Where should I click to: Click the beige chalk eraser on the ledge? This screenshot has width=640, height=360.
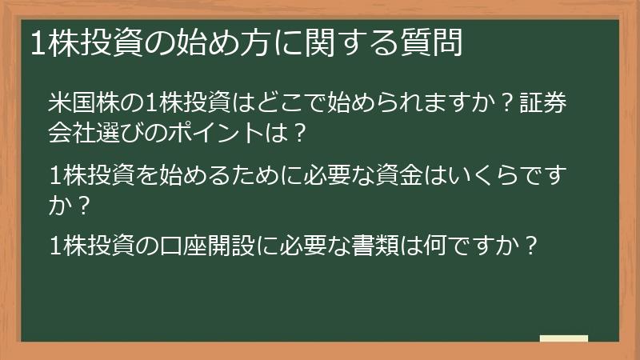click(563, 339)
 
